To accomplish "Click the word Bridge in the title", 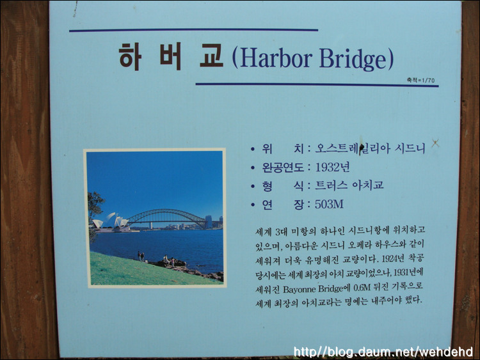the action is tap(354, 59).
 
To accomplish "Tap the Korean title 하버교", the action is tap(171, 57).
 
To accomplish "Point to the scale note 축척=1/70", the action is tap(420, 80).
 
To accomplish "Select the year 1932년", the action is tap(332, 168).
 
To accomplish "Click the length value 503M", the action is tap(329, 204).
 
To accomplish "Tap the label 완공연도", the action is tap(283, 168).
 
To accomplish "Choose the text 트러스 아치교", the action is tap(349, 185).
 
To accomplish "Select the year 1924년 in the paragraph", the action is tap(389, 259).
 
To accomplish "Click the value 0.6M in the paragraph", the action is tap(362, 288).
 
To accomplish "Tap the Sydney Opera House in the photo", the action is tap(111, 223).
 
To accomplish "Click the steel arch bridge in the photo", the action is tap(167, 218).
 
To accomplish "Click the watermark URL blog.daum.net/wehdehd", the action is tap(383, 352).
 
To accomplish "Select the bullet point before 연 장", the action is tap(253, 205).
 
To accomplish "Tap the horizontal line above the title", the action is tap(193, 30).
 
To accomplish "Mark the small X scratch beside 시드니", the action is tap(436, 143).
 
